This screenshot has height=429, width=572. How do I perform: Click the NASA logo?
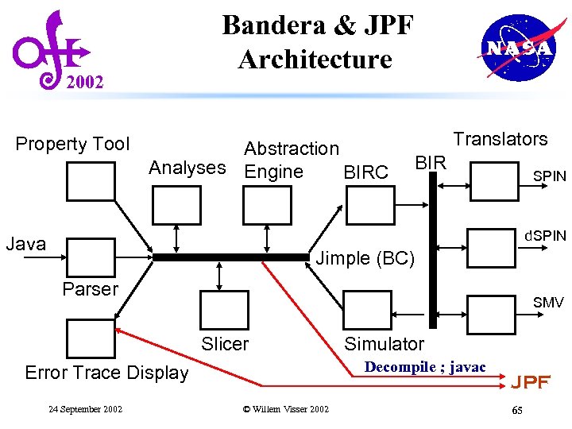517,48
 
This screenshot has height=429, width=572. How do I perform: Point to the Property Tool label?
72,144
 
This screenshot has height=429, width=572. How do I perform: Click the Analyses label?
187,168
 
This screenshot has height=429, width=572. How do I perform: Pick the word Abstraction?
291,149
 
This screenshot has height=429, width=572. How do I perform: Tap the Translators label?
500,139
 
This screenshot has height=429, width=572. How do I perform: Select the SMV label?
548,303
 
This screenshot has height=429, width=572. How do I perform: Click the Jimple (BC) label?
365,258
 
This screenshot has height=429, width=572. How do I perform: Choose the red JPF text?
530,382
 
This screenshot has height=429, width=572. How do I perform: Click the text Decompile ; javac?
424,366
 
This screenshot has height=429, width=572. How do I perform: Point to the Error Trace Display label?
106,373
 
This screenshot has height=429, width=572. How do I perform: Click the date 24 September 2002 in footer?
85,409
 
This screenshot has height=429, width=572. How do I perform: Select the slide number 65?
517,410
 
